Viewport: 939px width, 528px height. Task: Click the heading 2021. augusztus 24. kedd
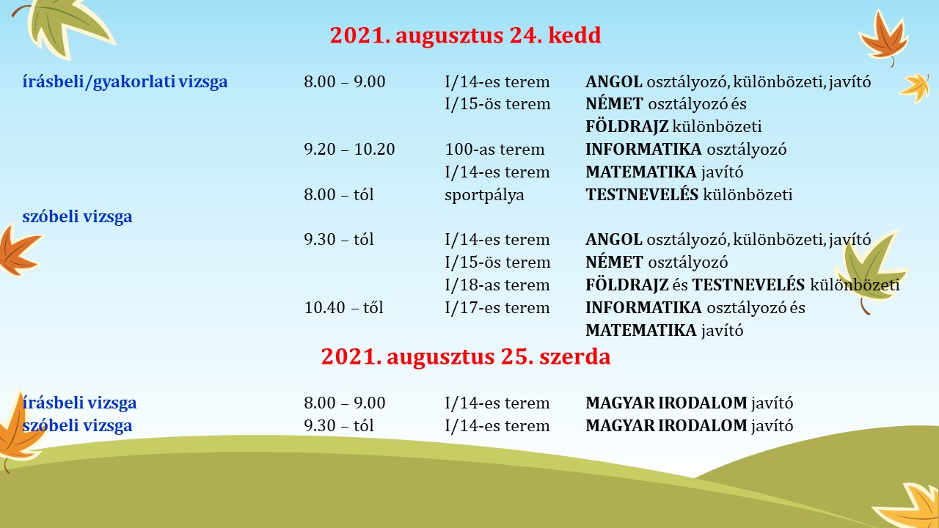click(465, 35)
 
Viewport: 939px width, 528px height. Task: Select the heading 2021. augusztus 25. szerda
click(466, 356)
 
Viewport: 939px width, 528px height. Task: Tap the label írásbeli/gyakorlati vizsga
click(125, 82)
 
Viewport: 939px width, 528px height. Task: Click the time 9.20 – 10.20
click(349, 149)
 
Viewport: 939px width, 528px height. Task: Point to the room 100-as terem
click(494, 149)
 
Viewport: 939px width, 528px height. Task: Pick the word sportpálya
click(484, 195)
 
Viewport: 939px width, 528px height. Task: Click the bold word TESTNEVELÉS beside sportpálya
click(642, 194)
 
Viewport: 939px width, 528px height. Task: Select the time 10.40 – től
click(344, 307)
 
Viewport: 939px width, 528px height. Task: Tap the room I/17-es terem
click(497, 308)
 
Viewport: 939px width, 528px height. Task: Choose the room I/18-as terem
click(497, 285)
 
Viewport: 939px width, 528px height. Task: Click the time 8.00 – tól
click(339, 194)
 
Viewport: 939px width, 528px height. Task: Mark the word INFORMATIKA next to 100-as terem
click(643, 149)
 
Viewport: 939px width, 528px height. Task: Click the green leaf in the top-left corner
click(65, 27)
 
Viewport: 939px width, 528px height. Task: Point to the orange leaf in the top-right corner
click(884, 37)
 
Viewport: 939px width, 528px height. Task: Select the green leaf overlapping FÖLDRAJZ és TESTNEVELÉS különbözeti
click(870, 271)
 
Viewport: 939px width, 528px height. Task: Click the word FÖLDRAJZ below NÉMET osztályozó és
click(626, 127)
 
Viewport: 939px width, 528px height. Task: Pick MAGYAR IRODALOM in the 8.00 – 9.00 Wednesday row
click(666, 403)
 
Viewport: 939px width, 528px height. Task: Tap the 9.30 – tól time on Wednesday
click(339, 425)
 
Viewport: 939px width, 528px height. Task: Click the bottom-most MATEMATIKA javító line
click(665, 331)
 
